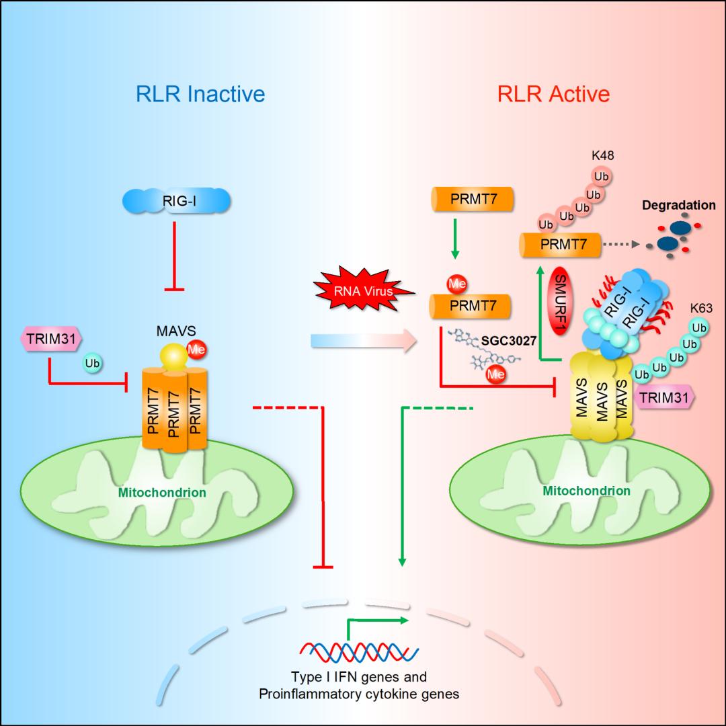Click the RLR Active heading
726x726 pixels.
553,93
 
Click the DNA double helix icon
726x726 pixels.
358,649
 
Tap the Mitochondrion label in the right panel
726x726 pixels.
587,490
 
